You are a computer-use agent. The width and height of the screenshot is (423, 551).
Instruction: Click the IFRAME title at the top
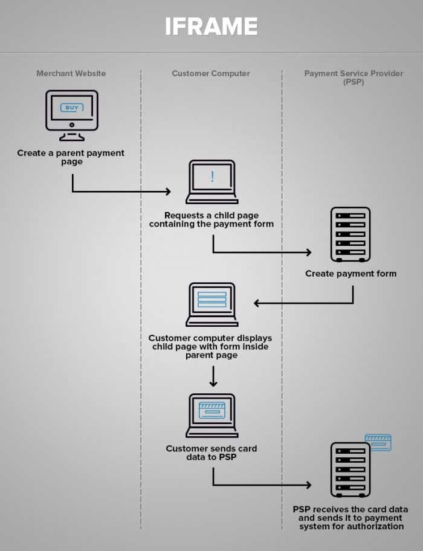coord(211,27)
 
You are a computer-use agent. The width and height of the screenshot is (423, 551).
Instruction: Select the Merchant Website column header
coord(71,73)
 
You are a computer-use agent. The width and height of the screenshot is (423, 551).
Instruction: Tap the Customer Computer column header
coord(211,73)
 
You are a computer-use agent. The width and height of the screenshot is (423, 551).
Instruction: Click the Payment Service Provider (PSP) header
coord(354,77)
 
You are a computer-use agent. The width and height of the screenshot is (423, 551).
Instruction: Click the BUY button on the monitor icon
coord(71,108)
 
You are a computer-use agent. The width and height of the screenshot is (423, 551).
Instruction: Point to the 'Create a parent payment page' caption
coord(71,157)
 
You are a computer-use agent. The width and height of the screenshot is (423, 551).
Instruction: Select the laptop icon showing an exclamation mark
coord(211,181)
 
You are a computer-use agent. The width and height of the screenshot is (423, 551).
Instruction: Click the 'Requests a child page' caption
coord(211,219)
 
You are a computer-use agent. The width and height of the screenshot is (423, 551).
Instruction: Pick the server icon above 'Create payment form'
coord(350,234)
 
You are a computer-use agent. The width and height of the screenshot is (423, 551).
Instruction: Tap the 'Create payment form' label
coord(350,274)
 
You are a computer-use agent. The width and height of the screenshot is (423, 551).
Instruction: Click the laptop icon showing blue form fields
coord(211,304)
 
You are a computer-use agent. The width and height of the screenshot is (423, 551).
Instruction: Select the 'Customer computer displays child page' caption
coord(211,347)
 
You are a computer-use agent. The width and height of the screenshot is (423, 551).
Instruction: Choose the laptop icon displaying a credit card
coord(211,414)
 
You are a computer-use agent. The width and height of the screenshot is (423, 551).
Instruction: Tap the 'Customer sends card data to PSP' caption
coord(211,453)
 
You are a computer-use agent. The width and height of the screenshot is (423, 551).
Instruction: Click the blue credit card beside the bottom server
coord(378,442)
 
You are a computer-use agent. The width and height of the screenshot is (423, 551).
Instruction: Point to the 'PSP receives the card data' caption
coord(350,518)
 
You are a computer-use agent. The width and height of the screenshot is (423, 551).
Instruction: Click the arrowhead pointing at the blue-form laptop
coord(257,303)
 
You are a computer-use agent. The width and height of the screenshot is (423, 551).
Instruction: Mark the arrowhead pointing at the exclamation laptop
coord(168,192)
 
